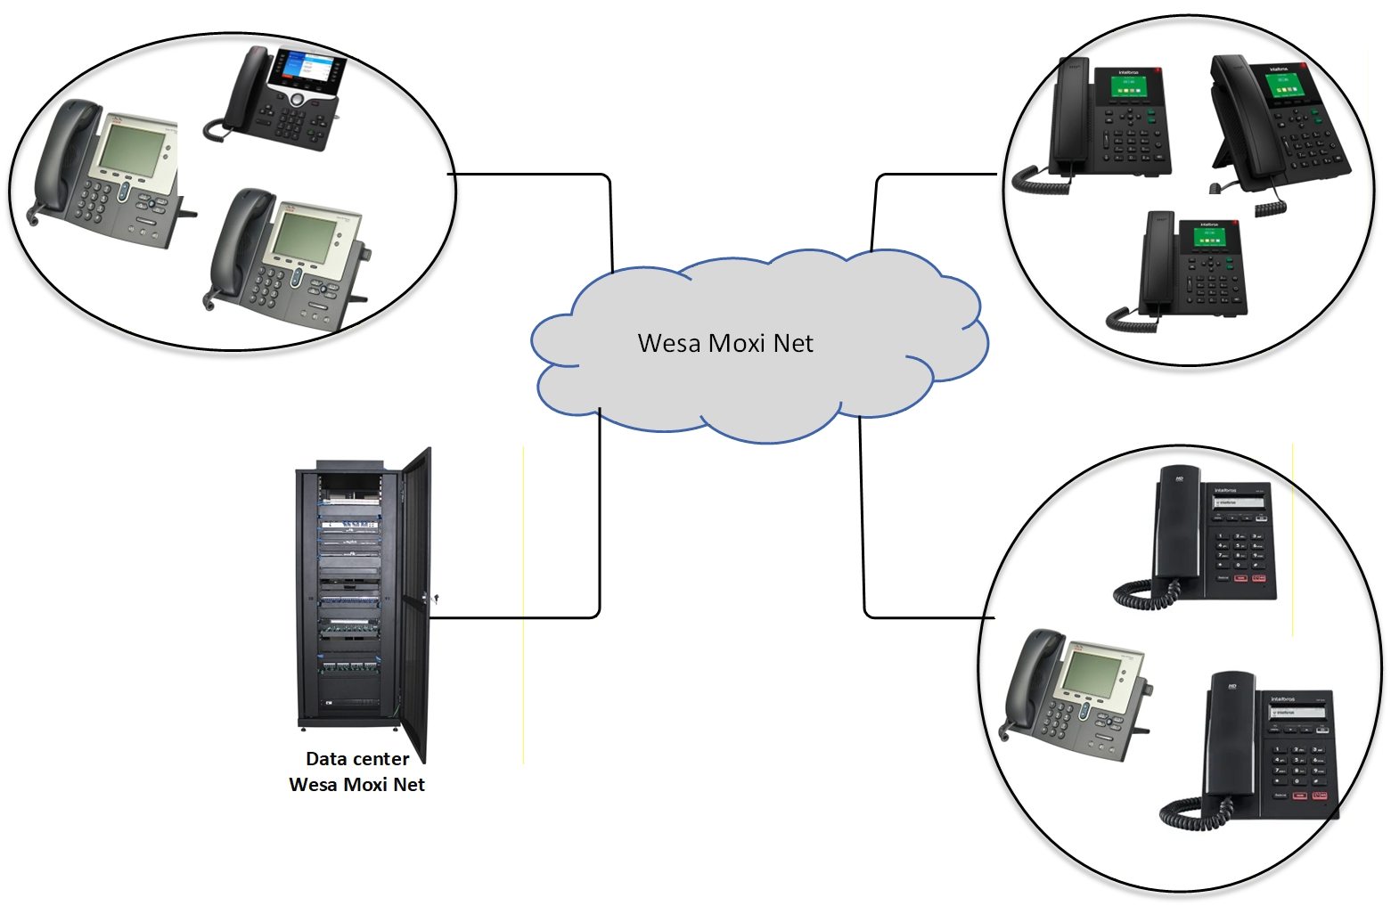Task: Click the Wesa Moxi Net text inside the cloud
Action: pos(725,343)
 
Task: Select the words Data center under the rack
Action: pos(357,759)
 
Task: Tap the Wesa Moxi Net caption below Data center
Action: pos(356,785)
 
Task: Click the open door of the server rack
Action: pos(415,606)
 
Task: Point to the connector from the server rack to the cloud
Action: pos(600,535)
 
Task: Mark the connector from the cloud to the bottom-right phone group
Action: pos(863,535)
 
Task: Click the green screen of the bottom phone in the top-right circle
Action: pos(1207,239)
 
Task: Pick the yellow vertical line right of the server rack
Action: pos(523,606)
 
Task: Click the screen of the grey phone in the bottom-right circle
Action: pos(1088,673)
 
